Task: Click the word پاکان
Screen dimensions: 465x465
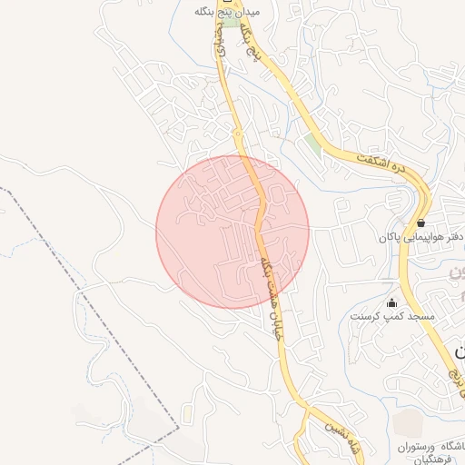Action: tap(390, 238)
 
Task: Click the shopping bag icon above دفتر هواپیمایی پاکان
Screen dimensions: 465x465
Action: tap(420, 223)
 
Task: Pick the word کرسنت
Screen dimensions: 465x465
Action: tap(370, 316)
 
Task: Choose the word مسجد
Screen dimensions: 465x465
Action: tap(420, 316)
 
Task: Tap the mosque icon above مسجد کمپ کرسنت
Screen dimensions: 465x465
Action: tap(391, 302)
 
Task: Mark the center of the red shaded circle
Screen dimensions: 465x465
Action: tap(232, 232)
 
